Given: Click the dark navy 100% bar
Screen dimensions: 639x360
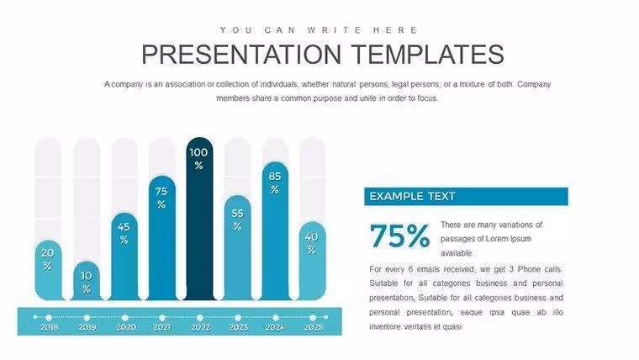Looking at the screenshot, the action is pyautogui.click(x=199, y=219).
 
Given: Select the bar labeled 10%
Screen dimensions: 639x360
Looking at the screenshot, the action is pyautogui.click(x=87, y=281).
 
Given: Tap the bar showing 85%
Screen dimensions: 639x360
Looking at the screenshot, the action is pyautogui.click(x=275, y=231).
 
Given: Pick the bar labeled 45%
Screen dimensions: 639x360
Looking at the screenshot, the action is pyautogui.click(x=124, y=257).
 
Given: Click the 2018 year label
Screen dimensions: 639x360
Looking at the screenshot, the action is pyautogui.click(x=50, y=327).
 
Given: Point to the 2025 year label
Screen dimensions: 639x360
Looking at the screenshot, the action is pyautogui.click(x=314, y=327).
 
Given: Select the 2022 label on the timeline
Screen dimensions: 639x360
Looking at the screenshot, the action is pyautogui.click(x=200, y=327).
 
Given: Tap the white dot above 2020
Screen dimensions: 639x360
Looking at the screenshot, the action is pyautogui.click(x=124, y=318).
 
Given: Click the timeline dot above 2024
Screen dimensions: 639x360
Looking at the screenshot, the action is pyautogui.click(x=276, y=318).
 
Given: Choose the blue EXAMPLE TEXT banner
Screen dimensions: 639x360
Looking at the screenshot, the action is pyautogui.click(x=466, y=197).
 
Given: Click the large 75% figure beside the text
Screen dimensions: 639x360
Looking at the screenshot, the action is pyautogui.click(x=399, y=236).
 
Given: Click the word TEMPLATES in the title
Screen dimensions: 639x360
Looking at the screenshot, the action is pyautogui.click(x=427, y=55).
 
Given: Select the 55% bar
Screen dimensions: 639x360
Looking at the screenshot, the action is pyautogui.click(x=238, y=248).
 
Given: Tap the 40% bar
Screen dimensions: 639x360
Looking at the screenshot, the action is pyautogui.click(x=312, y=261).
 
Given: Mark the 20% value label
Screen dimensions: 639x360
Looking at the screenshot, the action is pyautogui.click(x=48, y=259).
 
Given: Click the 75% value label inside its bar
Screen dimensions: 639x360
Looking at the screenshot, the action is pyautogui.click(x=161, y=198).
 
